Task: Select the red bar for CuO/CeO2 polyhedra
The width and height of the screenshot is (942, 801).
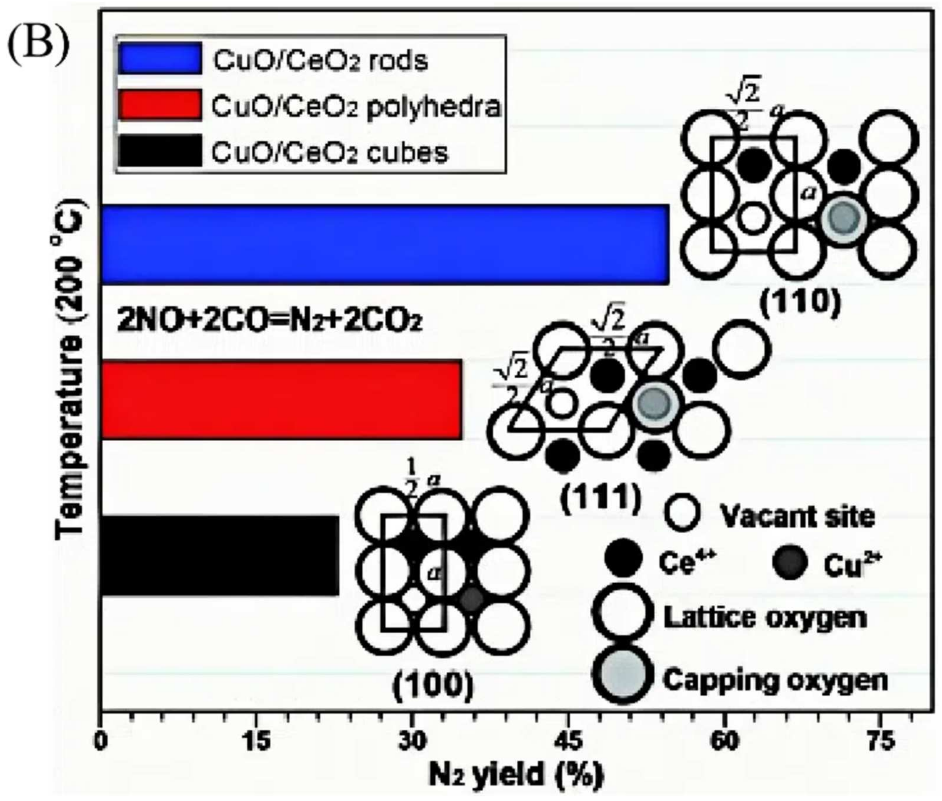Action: (282, 399)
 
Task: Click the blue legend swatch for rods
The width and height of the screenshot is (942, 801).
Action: (160, 58)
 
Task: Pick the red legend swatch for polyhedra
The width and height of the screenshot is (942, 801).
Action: (160, 105)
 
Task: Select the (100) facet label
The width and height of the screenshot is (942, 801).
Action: (433, 686)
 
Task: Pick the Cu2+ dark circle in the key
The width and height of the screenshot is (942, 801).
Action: (790, 563)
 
